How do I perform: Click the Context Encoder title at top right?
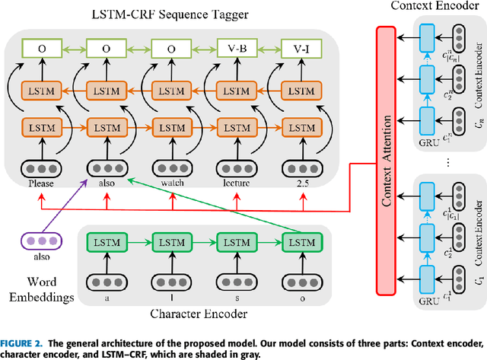click(438, 7)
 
